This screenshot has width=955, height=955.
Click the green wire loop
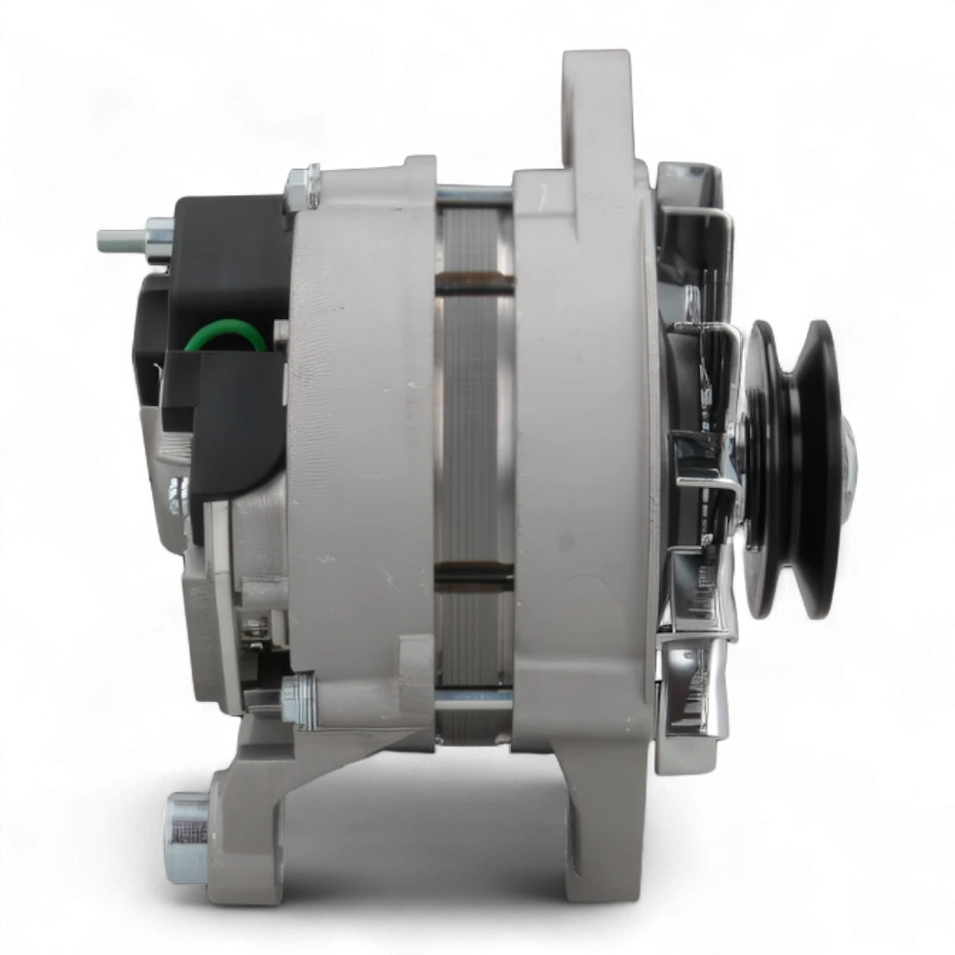click(x=229, y=337)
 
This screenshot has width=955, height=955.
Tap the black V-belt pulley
click(x=791, y=468)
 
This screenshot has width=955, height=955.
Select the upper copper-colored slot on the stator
click(x=474, y=282)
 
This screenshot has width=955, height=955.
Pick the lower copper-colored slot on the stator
click(x=474, y=574)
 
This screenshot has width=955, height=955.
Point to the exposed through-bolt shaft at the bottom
click(x=474, y=700)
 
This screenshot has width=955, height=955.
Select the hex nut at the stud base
click(x=159, y=236)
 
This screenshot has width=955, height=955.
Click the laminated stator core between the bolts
click(x=474, y=430)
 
